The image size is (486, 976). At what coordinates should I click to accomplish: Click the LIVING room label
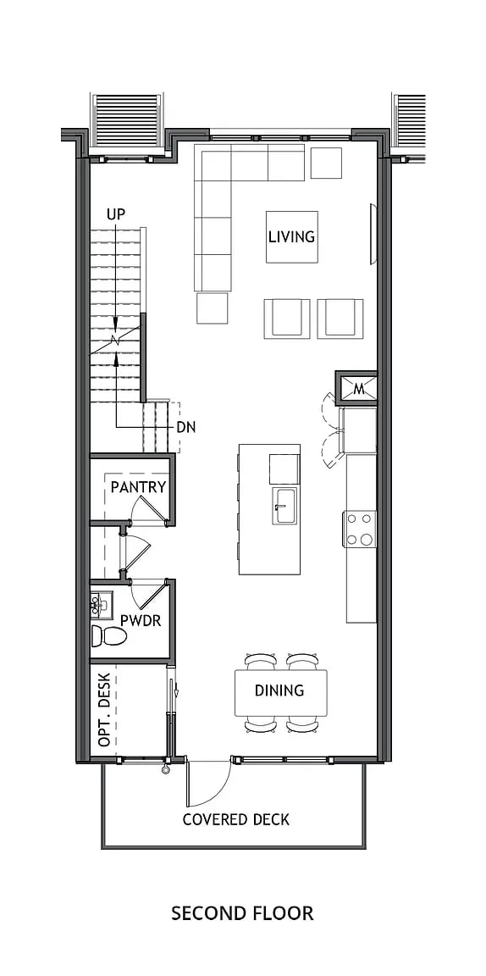(x=291, y=236)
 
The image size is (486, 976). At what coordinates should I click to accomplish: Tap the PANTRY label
(x=138, y=487)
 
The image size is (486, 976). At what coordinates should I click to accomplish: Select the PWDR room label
(x=141, y=620)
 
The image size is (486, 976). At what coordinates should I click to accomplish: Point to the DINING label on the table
(x=279, y=690)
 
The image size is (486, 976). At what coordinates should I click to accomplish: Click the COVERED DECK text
(x=236, y=819)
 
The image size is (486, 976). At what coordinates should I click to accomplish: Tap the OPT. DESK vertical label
(x=104, y=710)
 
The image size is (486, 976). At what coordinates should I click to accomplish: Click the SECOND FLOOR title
(x=242, y=912)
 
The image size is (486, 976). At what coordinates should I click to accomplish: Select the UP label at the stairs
(x=116, y=214)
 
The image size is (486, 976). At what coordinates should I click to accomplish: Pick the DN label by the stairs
(x=186, y=428)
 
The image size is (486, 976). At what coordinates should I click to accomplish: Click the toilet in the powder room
(x=108, y=635)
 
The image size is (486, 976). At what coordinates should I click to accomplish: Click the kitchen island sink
(x=284, y=506)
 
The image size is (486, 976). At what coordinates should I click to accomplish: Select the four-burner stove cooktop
(x=360, y=529)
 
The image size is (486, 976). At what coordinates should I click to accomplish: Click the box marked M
(x=358, y=389)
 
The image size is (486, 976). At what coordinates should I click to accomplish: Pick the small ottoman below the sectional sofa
(x=213, y=308)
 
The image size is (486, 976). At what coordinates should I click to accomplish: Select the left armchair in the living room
(x=286, y=319)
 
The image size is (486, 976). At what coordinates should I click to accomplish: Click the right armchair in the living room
(x=340, y=319)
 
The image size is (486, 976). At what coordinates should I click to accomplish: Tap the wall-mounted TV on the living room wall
(x=372, y=234)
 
